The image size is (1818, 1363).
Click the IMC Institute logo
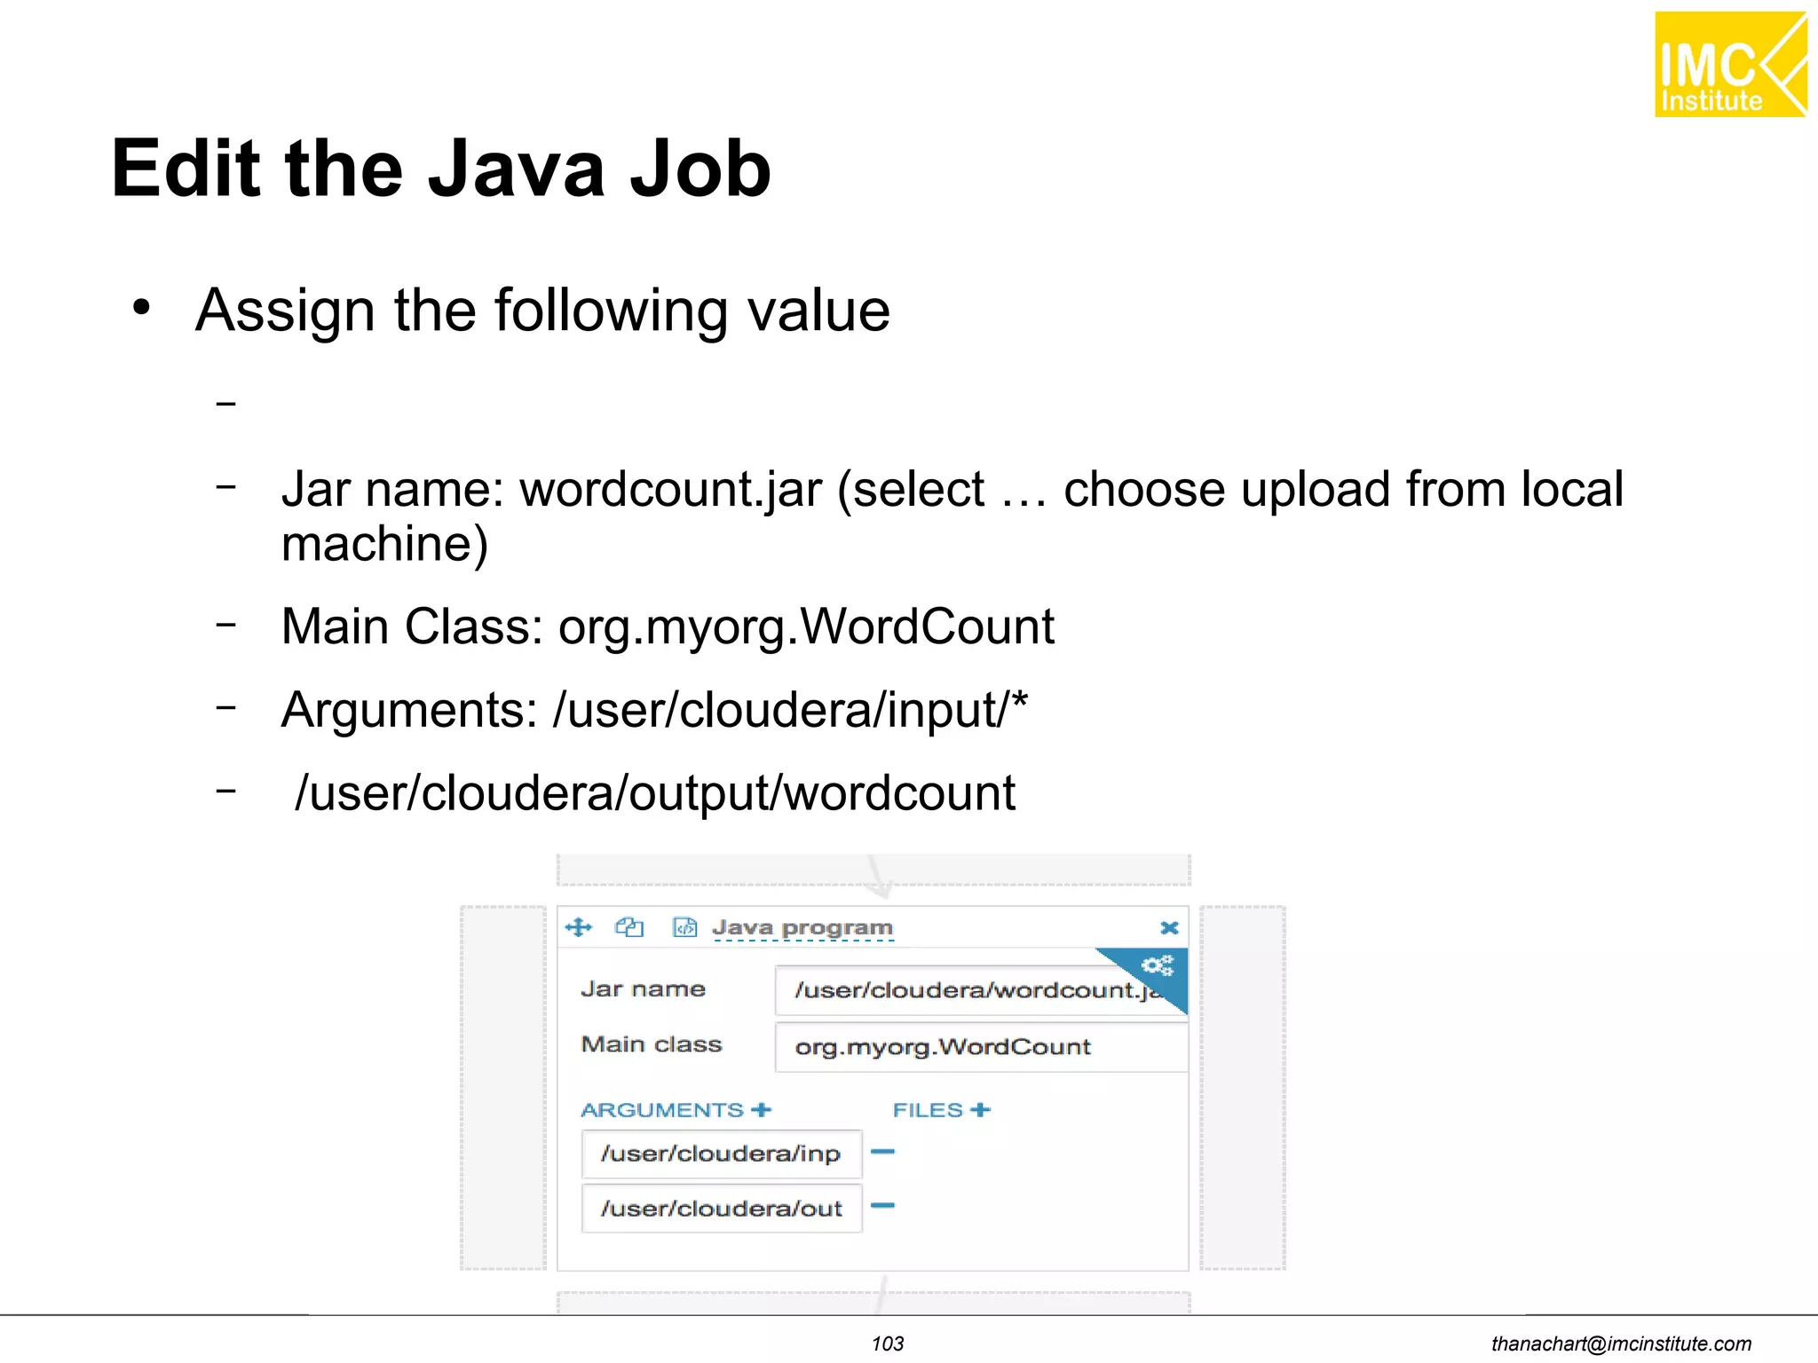[x=1729, y=65]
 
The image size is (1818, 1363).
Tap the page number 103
[x=887, y=1343]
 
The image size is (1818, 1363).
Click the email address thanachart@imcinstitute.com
[x=1621, y=1343]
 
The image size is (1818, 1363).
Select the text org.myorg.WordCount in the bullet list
[x=805, y=626]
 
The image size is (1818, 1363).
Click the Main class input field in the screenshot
[x=976, y=1047]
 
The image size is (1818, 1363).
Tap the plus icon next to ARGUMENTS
[x=761, y=1110]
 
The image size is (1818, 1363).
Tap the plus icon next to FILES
[x=980, y=1110]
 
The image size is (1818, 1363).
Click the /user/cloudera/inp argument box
[x=721, y=1154]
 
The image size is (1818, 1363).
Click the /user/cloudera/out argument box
[x=721, y=1209]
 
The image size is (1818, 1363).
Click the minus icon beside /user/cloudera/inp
[x=882, y=1152]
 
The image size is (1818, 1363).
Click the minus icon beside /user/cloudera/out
[x=882, y=1206]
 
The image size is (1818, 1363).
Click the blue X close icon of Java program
[x=1169, y=928]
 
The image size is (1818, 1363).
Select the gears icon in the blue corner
[x=1158, y=965]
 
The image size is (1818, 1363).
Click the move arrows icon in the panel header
[x=578, y=928]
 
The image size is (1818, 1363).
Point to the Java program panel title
[x=802, y=928]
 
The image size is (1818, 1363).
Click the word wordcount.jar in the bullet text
[x=670, y=490]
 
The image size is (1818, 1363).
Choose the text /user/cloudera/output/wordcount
[x=655, y=792]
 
